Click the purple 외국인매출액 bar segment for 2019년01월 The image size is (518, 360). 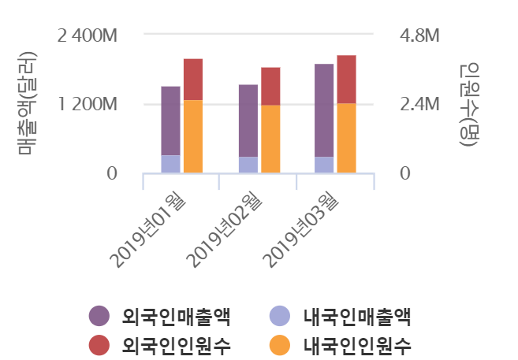coord(170,121)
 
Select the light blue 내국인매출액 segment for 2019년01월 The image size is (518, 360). coord(170,164)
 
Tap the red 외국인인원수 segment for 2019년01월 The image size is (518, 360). coord(193,79)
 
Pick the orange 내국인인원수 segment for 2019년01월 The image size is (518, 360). coord(193,136)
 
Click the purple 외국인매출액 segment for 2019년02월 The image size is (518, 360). coord(248,121)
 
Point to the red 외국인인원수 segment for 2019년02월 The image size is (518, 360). coord(270,86)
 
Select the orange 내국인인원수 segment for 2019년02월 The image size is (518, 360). coord(270,139)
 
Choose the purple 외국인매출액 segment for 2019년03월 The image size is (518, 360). coord(324,110)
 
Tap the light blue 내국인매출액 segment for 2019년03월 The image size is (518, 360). coord(324,165)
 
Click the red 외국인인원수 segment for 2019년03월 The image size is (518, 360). coord(346,79)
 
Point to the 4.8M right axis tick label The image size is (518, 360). coord(419,36)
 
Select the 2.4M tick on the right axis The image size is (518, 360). coord(419,105)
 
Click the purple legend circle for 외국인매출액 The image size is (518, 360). coord(99,316)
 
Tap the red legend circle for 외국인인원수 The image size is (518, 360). coord(99,344)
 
